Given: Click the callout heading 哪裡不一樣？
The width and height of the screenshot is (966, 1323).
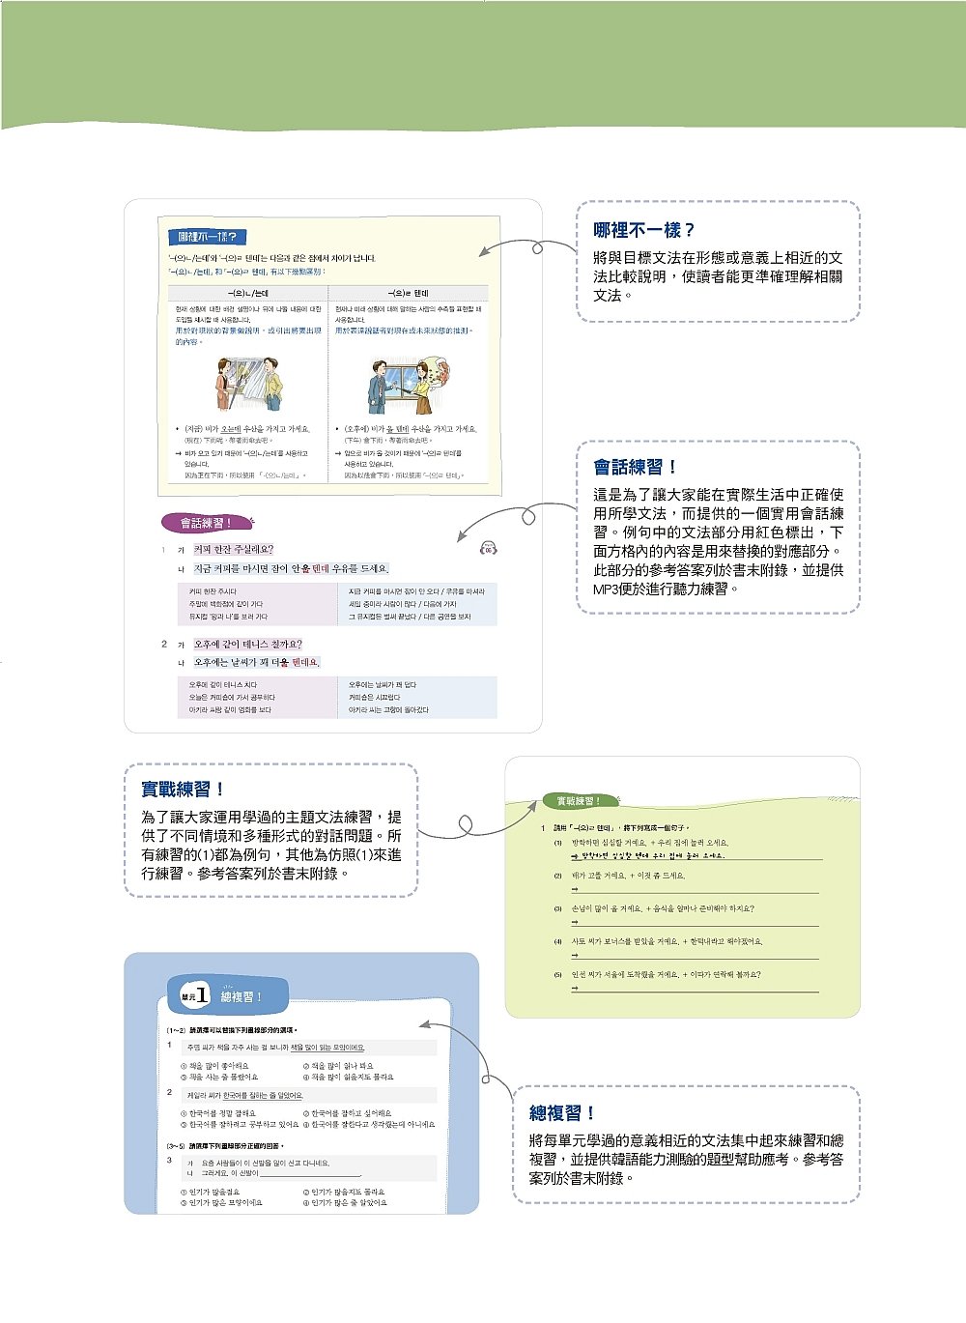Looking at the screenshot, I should tap(643, 230).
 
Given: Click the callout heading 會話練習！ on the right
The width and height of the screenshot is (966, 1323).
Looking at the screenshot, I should tap(635, 467).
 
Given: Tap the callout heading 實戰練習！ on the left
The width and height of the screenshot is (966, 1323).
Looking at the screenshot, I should tap(183, 789).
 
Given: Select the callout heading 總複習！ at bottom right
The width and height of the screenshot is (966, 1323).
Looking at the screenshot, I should tap(562, 1112).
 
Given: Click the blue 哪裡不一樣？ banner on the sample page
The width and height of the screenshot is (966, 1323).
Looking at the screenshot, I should tap(208, 237).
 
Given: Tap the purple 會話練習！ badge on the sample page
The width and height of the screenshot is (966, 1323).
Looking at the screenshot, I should tap(206, 523).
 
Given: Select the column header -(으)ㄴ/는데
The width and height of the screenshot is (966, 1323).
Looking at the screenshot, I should tap(248, 293).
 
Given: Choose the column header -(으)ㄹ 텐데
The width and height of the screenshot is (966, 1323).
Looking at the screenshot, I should tap(408, 293).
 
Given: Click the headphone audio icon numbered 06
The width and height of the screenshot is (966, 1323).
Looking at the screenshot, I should tap(488, 549).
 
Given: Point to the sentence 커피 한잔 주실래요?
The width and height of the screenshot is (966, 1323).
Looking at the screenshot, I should tap(234, 549).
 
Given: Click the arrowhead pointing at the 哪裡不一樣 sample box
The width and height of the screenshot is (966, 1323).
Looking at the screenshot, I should tap(483, 252).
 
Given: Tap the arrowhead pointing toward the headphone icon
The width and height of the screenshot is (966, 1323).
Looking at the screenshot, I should tap(460, 537).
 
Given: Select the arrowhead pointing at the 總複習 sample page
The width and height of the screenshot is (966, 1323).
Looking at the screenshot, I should tap(423, 1023).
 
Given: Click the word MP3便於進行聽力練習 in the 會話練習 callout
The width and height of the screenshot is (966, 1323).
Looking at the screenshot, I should tap(666, 589).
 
